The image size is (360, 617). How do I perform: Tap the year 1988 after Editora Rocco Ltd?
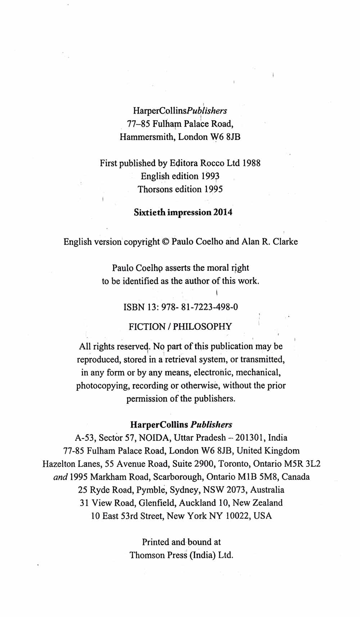[251, 163]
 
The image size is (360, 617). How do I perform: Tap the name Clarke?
[285, 242]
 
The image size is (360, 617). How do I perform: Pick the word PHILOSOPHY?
[202, 327]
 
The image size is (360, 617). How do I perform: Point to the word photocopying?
[103, 386]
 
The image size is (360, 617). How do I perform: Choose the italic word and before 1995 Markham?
[60, 477]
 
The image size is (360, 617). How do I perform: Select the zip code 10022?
[237, 516]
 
